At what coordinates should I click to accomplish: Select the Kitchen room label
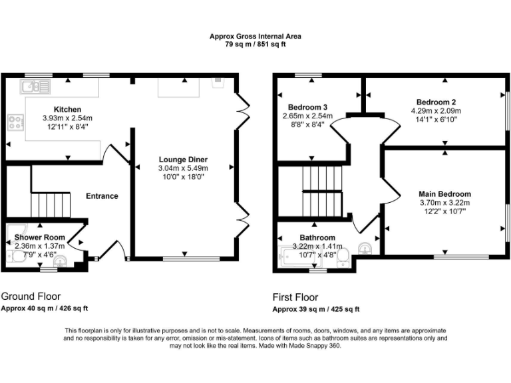[67, 110]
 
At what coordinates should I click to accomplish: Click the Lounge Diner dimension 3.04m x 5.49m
[183, 169]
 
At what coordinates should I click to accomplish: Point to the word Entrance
[102, 196]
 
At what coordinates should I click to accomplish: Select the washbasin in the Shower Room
[60, 261]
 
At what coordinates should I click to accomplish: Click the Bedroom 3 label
[307, 107]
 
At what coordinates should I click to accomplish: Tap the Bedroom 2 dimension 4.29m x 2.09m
[436, 111]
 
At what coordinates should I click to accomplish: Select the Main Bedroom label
[444, 194]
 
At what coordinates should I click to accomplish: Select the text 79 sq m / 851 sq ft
[255, 45]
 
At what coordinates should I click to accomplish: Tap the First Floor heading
[295, 297]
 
